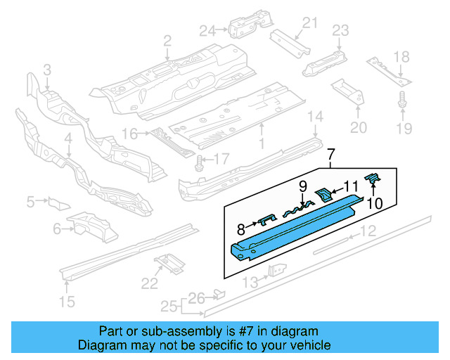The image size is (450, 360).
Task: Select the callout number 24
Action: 205,30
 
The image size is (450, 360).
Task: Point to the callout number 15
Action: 65,303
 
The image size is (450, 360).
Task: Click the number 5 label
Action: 30,202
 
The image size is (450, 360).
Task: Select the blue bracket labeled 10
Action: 373,182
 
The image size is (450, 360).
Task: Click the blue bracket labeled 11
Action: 323,192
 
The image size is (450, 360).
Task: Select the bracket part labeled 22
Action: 168,262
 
